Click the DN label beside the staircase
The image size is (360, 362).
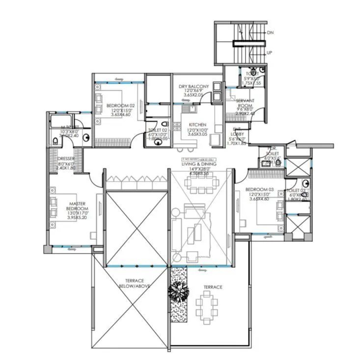tap(270, 33)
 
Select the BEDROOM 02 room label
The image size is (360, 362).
tap(120, 105)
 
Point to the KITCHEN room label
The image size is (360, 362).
tap(197, 125)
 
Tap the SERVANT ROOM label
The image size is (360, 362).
tap(245, 103)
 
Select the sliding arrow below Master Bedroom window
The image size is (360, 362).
tap(68, 250)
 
